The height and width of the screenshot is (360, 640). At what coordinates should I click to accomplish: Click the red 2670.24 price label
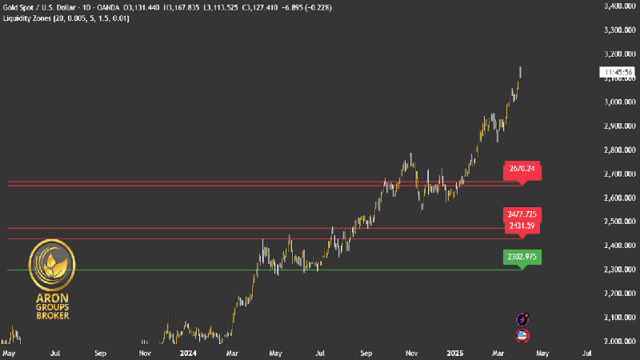coord(520,170)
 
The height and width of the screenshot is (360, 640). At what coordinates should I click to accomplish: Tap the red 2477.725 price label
coord(520,214)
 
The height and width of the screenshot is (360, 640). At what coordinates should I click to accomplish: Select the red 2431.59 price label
coord(520,226)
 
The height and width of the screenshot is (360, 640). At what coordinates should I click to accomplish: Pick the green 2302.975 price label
coord(520,257)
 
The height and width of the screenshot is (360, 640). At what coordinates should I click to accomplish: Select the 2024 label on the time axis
coord(188,352)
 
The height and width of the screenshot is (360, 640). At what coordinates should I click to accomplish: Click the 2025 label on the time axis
coord(454,352)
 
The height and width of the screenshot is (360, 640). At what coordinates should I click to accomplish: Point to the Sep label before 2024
coord(100,352)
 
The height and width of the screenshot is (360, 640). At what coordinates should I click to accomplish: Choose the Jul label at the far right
coord(587,352)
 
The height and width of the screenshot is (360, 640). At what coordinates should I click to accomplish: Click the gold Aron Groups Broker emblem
coord(52,265)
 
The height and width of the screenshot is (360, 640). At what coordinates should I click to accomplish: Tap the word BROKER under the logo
coord(52,316)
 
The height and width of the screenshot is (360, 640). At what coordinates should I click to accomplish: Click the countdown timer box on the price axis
coord(617,72)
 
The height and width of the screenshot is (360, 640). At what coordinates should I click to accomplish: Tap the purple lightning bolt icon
coord(523,319)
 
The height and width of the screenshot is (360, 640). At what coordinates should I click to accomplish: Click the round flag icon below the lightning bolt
coord(523,335)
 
